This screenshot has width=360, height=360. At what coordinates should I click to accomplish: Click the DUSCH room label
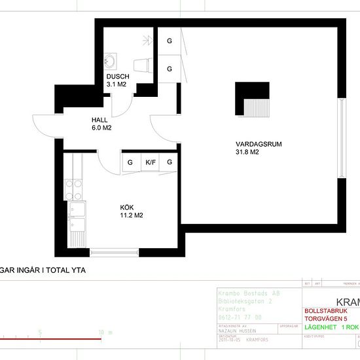pyautogui.click(x=118, y=77)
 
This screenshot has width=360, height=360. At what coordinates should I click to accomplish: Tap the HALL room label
pyautogui.click(x=100, y=120)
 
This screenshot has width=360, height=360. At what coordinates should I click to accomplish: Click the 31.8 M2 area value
pyautogui.click(x=248, y=153)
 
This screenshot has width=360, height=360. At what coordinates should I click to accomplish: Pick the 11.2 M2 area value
pyautogui.click(x=132, y=215)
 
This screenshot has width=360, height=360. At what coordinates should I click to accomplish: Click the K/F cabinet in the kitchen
pyautogui.click(x=151, y=162)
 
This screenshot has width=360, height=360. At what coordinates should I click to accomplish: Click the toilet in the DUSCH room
pyautogui.click(x=141, y=64)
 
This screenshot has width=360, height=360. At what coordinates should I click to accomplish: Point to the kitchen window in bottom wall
pyautogui.click(x=114, y=252)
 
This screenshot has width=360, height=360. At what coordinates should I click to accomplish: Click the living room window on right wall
pyautogui.click(x=341, y=137)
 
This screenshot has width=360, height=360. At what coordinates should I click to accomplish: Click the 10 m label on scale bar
pyautogui.click(x=101, y=333)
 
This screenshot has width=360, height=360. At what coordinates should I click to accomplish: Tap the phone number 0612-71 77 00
pyautogui.click(x=239, y=316)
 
